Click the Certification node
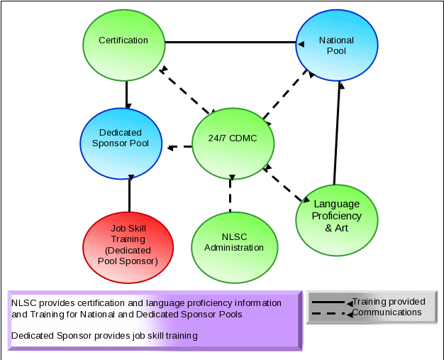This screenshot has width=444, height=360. (123, 40)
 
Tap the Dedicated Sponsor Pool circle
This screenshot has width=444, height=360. (120, 138)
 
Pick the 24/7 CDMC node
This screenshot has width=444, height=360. (233, 138)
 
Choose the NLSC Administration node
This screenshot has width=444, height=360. (233, 243)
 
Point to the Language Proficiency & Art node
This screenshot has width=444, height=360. (337, 216)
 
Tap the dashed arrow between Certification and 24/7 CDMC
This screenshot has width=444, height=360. (187, 89)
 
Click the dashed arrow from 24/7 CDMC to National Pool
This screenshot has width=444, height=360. (286, 93)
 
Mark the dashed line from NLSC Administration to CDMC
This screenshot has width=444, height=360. (231, 193)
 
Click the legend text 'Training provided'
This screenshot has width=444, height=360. (389, 302)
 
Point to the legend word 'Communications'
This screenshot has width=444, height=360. (387, 312)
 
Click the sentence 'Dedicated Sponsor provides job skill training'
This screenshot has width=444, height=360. (104, 335)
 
